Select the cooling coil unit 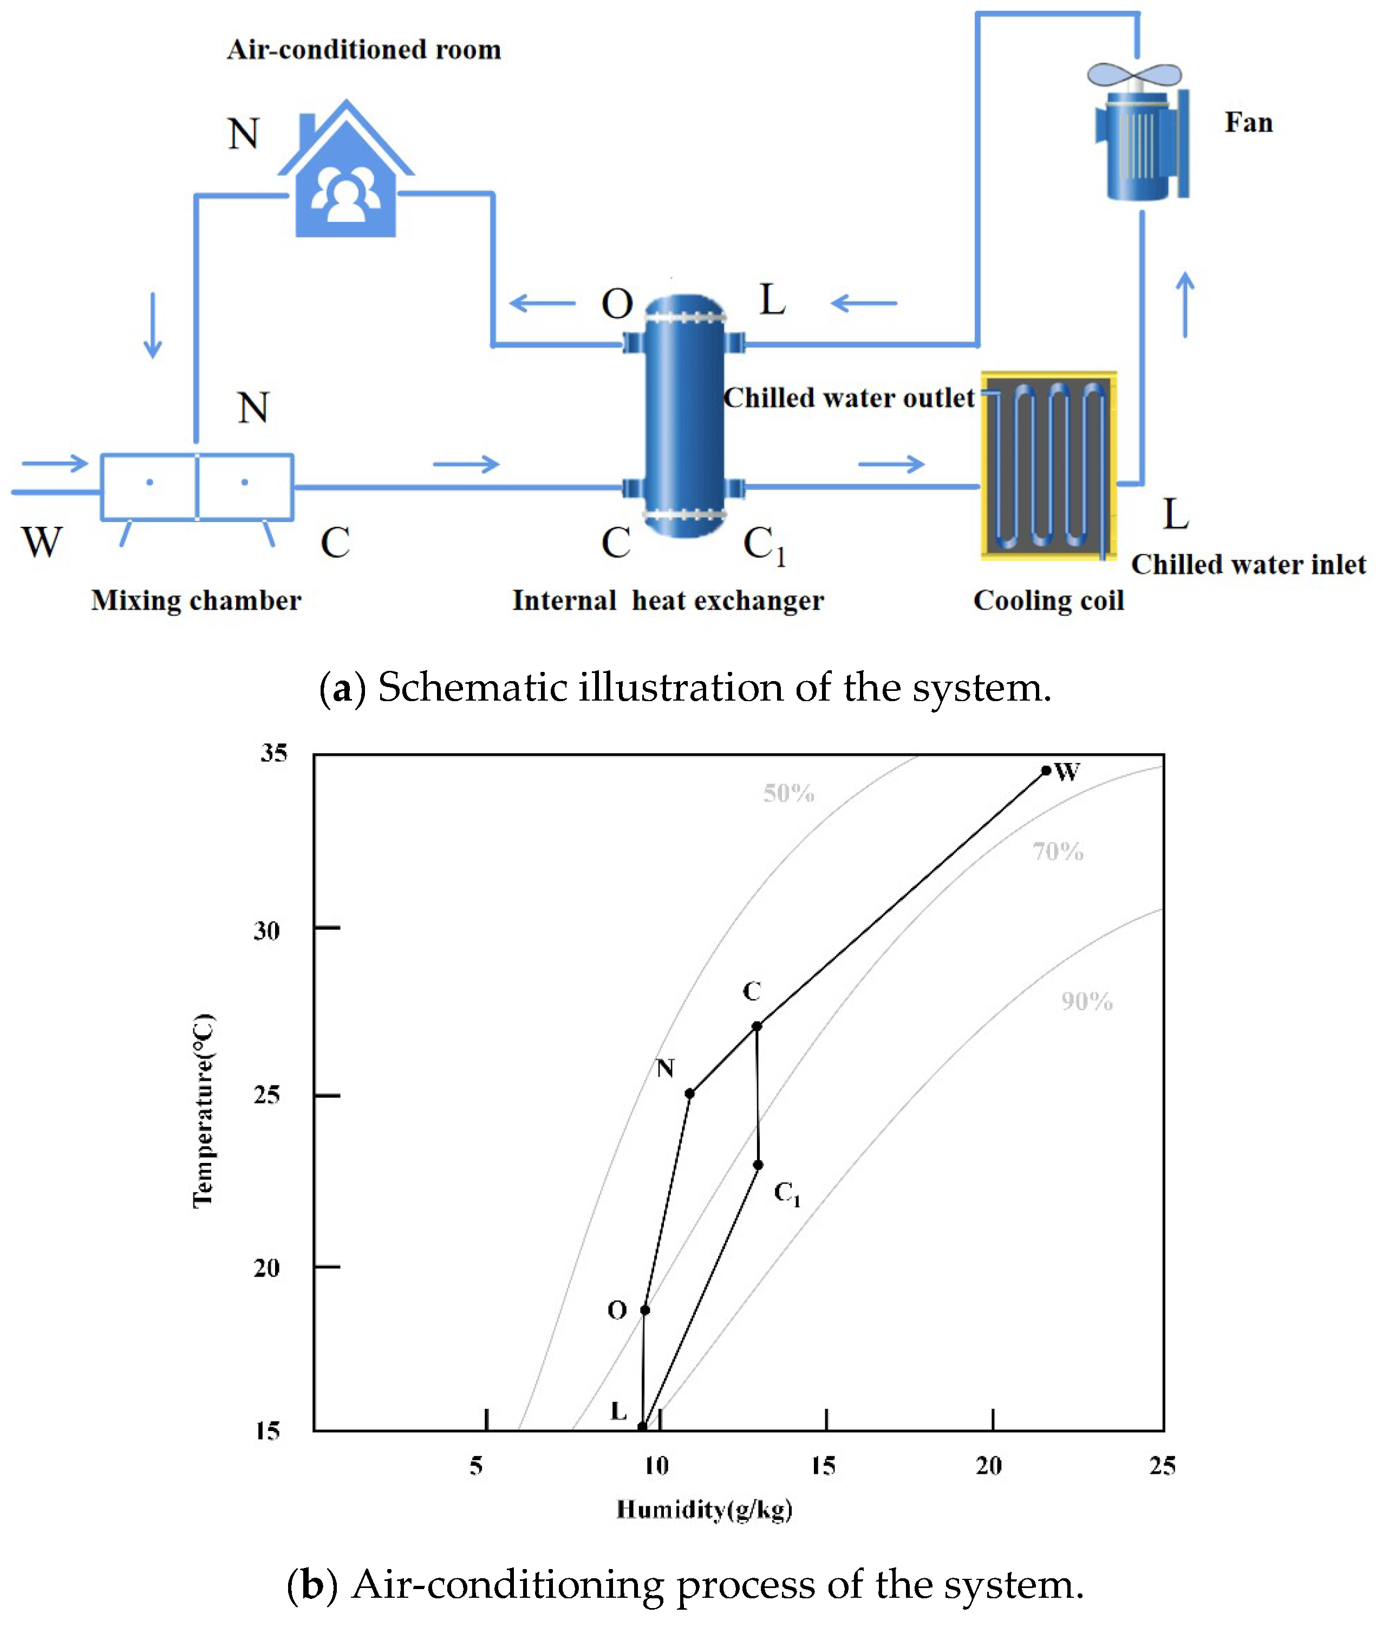point(1048,466)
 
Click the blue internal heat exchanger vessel point(684,416)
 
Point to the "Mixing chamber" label point(196,600)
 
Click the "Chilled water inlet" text point(1248,564)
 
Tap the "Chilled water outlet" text point(849,398)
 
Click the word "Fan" point(1248,122)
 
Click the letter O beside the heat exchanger point(616,303)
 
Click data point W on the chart point(1046,770)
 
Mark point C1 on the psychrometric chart point(758,1165)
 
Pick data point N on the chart point(689,1094)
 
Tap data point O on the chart point(645,1310)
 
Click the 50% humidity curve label point(788,793)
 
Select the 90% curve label point(1087,1002)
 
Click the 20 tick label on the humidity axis point(989,1466)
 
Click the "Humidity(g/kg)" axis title point(705,1509)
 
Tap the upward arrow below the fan point(1185,304)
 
